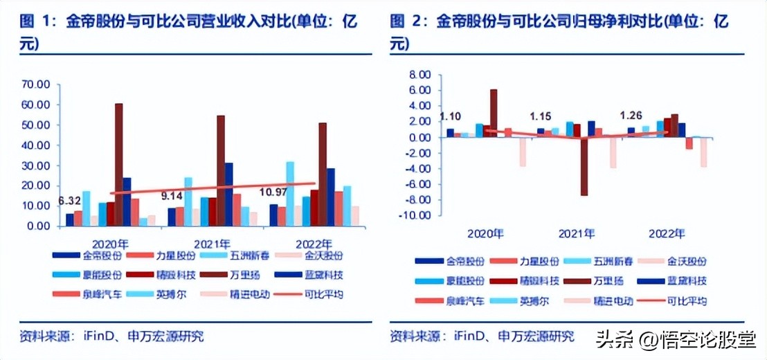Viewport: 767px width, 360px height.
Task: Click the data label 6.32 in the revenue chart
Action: (69, 201)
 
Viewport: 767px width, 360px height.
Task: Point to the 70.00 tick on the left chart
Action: (36, 84)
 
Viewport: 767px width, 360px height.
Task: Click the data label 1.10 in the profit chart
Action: (451, 117)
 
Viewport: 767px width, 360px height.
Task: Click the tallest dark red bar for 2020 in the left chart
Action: (119, 164)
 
